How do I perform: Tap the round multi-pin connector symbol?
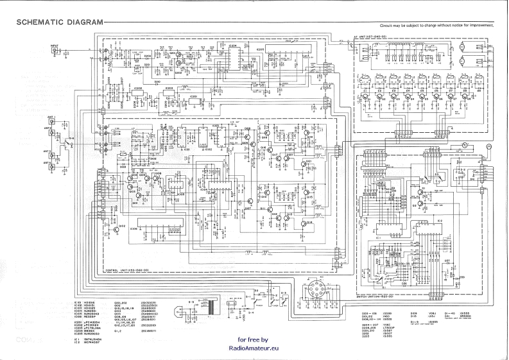pyautogui.click(x=318, y=295)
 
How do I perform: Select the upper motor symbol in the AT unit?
pyautogui.click(x=461, y=47)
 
